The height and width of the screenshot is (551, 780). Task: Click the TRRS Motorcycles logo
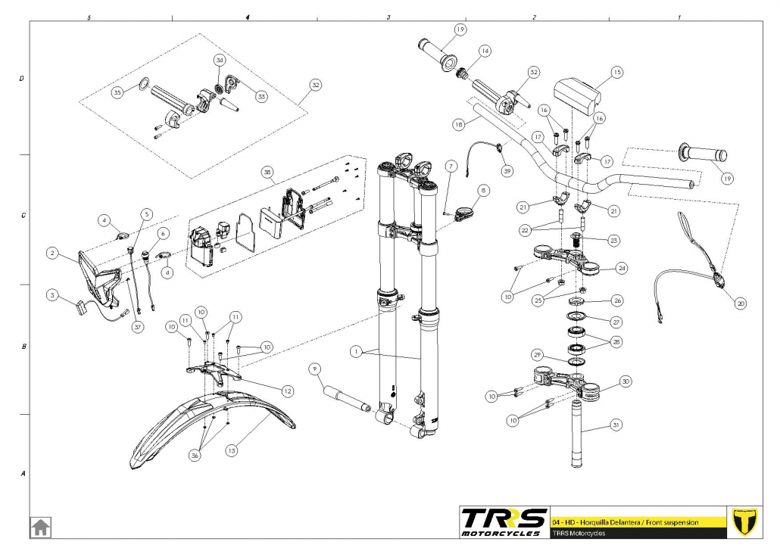coord(504,522)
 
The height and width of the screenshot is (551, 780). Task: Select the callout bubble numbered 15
coord(616,73)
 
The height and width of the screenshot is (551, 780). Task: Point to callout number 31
coord(616,425)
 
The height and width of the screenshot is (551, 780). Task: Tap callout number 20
coord(741,304)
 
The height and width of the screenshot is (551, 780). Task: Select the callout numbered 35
coord(117,92)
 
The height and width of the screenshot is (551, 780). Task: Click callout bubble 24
coord(622,268)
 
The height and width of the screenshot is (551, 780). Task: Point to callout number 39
coord(507,171)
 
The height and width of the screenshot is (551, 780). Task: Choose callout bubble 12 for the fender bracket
coord(287,391)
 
